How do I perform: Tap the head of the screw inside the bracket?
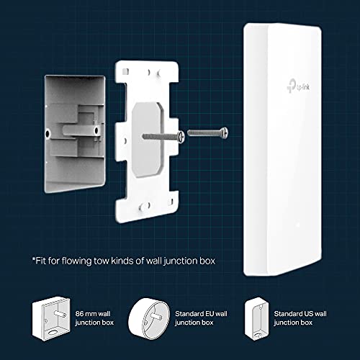tap(180, 137)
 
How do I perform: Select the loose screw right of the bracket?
tap(207, 132)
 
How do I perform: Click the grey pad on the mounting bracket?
tap(146, 140)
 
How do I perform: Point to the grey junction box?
tap(75, 134)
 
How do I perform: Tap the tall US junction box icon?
tap(256, 318)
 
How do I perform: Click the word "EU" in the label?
tap(209, 314)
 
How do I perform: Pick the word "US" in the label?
tap(308, 314)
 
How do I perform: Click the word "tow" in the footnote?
tap(102, 261)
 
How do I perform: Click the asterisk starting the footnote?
tap(34, 259)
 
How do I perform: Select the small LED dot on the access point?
tap(298, 225)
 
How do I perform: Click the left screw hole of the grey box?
tap(48, 133)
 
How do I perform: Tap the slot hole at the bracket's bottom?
tap(145, 207)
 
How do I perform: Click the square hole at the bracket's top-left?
tap(125, 71)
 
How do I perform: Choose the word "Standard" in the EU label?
tap(189, 314)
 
